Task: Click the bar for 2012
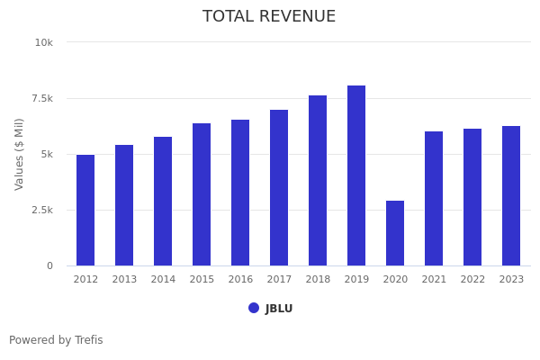click(85, 211)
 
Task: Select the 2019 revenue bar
click(356, 175)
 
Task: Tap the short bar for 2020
click(395, 233)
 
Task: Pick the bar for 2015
click(202, 194)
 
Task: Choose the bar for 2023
click(511, 196)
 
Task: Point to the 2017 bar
click(279, 188)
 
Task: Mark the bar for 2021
click(434, 199)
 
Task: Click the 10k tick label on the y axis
click(44, 42)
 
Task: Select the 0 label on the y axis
click(49, 265)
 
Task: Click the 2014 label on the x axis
click(163, 280)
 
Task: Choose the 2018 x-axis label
click(318, 280)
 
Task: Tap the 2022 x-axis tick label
click(472, 280)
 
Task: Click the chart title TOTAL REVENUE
click(269, 17)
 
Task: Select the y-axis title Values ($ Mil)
click(20, 154)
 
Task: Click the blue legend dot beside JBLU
click(254, 308)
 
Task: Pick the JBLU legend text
click(279, 309)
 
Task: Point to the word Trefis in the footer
click(88, 340)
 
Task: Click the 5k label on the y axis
click(46, 154)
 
